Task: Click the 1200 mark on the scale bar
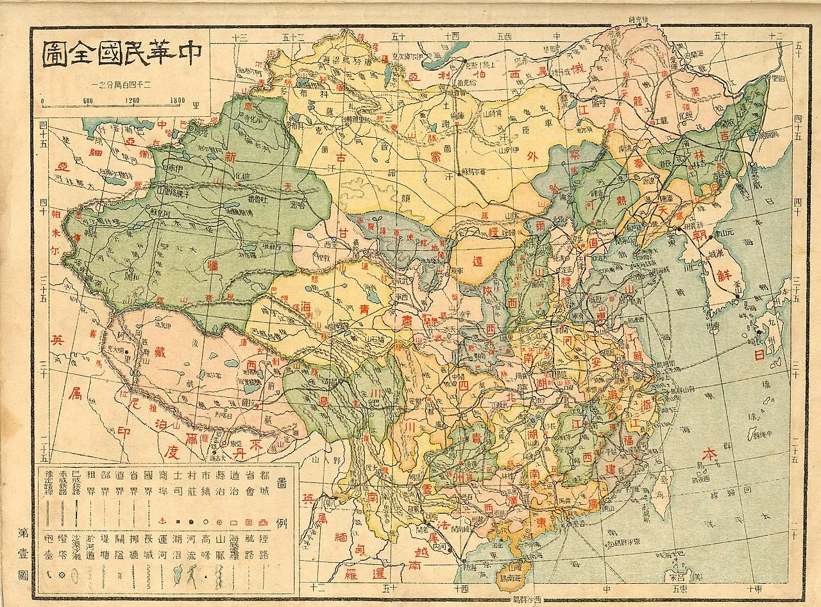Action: (x=133, y=100)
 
